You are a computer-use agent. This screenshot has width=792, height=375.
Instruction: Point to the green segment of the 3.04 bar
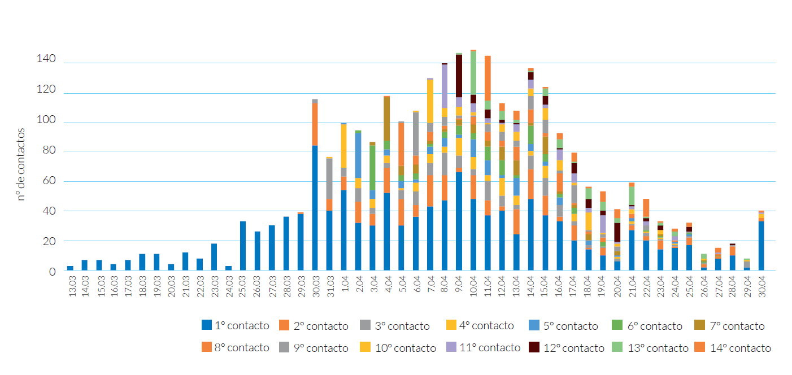click(372, 167)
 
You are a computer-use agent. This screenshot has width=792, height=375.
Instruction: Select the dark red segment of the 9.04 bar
click(459, 76)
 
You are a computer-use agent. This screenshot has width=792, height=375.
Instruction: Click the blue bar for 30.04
click(761, 246)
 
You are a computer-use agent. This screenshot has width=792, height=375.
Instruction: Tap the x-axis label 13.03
click(71, 287)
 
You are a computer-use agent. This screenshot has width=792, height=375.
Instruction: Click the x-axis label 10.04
click(473, 287)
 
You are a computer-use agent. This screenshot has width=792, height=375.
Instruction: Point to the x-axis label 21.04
click(632, 287)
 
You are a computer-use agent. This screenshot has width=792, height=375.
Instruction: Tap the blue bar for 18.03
click(142, 263)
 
